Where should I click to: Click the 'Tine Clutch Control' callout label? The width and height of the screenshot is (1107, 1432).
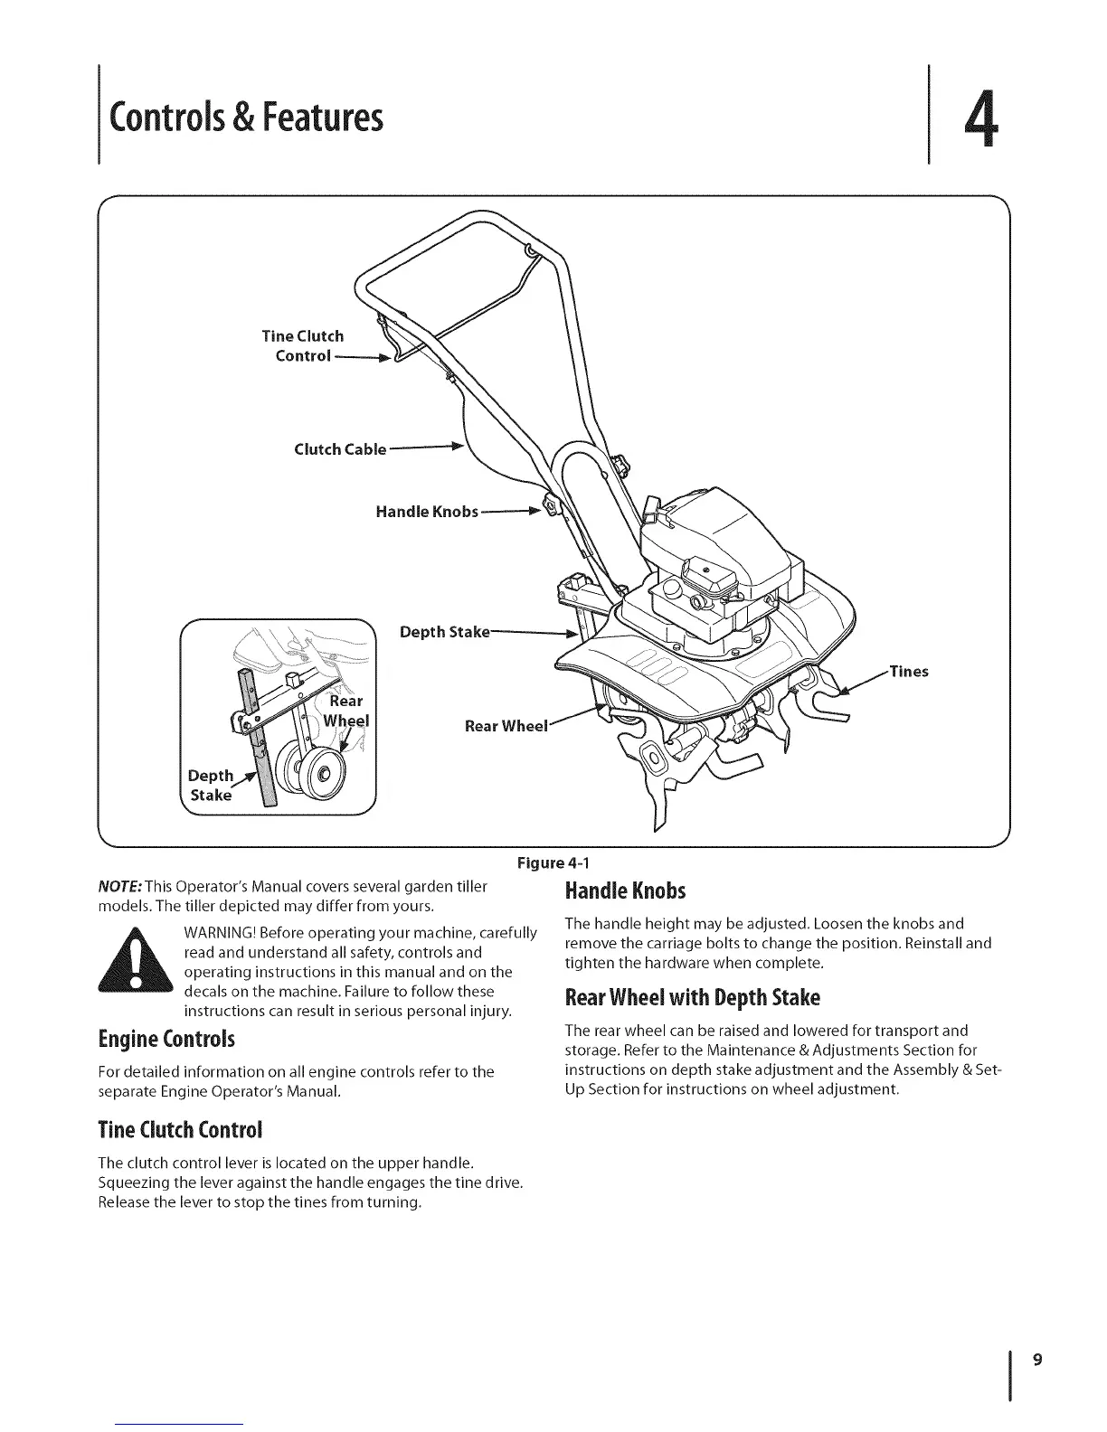pos(302,345)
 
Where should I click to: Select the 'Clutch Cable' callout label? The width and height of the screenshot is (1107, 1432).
pos(340,449)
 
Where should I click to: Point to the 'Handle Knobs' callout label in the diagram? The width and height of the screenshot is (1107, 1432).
pos(426,513)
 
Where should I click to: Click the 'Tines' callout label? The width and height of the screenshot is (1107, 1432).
pos(909,671)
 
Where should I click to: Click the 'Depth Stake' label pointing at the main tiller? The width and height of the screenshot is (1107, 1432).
pos(444,631)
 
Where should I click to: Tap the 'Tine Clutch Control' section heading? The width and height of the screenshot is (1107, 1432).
pos(180,1130)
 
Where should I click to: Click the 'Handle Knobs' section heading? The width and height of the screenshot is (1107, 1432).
pos(625,891)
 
